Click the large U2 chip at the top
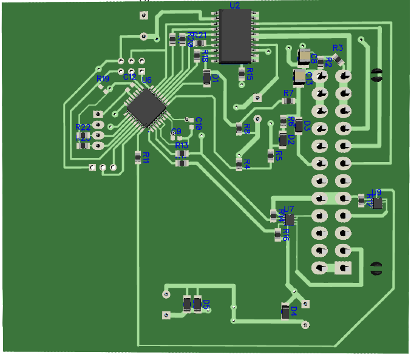236,36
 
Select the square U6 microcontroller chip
146,106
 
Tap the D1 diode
207,78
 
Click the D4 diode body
285,312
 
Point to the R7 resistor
288,101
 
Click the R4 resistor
239,162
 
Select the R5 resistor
271,155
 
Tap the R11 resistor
138,157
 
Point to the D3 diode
299,125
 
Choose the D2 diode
283,140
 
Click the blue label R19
103,79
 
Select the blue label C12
129,77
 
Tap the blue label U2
234,5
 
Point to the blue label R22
83,127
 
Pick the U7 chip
290,219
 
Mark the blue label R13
182,146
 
